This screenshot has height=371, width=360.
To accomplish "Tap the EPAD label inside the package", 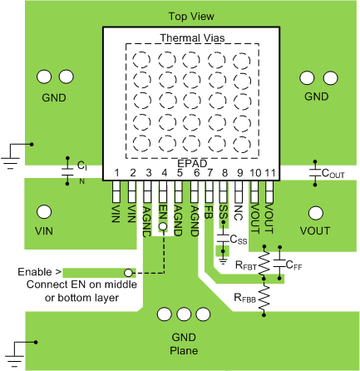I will (192, 162).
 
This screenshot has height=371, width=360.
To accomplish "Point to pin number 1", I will (117, 173).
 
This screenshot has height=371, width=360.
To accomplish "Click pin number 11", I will (270, 173).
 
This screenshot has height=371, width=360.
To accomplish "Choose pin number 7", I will (209, 173).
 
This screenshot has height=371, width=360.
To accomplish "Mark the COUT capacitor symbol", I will (315, 174).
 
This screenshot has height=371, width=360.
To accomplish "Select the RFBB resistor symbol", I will (265, 298).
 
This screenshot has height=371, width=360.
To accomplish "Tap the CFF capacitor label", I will (293, 265).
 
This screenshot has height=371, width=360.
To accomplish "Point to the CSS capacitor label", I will (239, 240).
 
